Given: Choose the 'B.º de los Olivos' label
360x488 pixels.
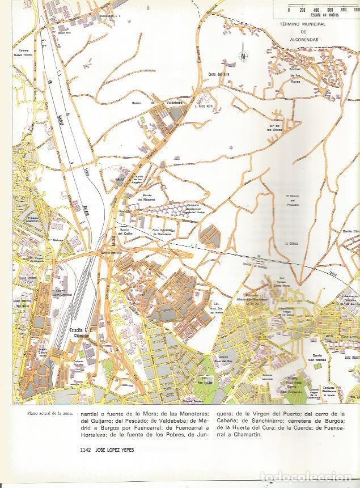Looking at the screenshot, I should click(276, 128).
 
